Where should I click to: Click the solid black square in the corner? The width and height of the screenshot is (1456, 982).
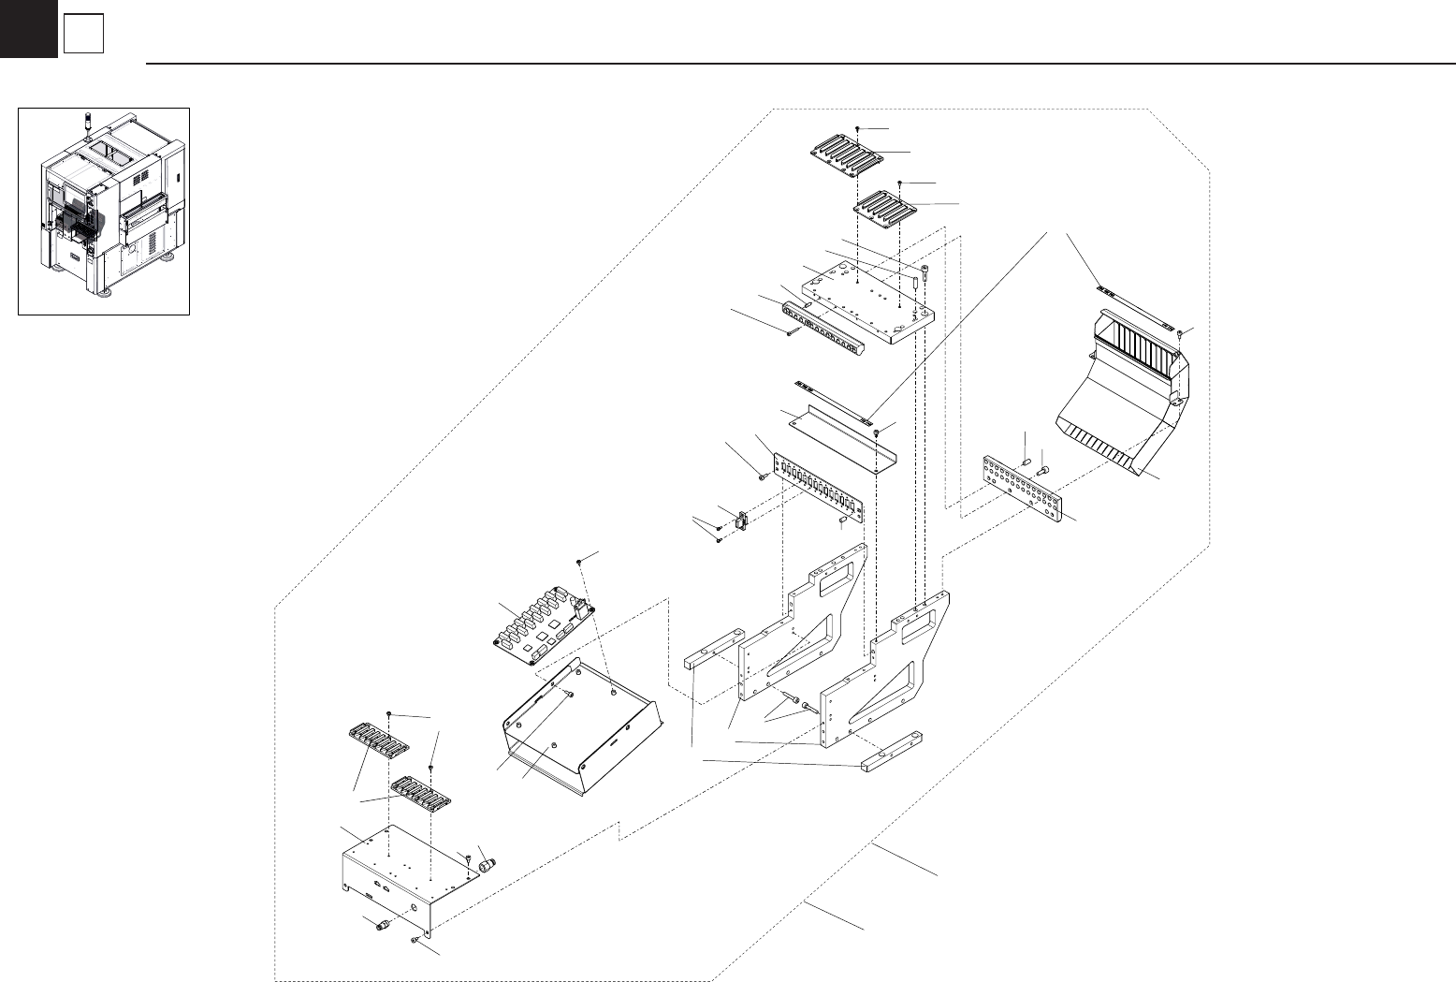[x=28, y=28]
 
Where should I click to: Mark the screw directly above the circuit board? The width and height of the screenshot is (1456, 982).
[x=581, y=561]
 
